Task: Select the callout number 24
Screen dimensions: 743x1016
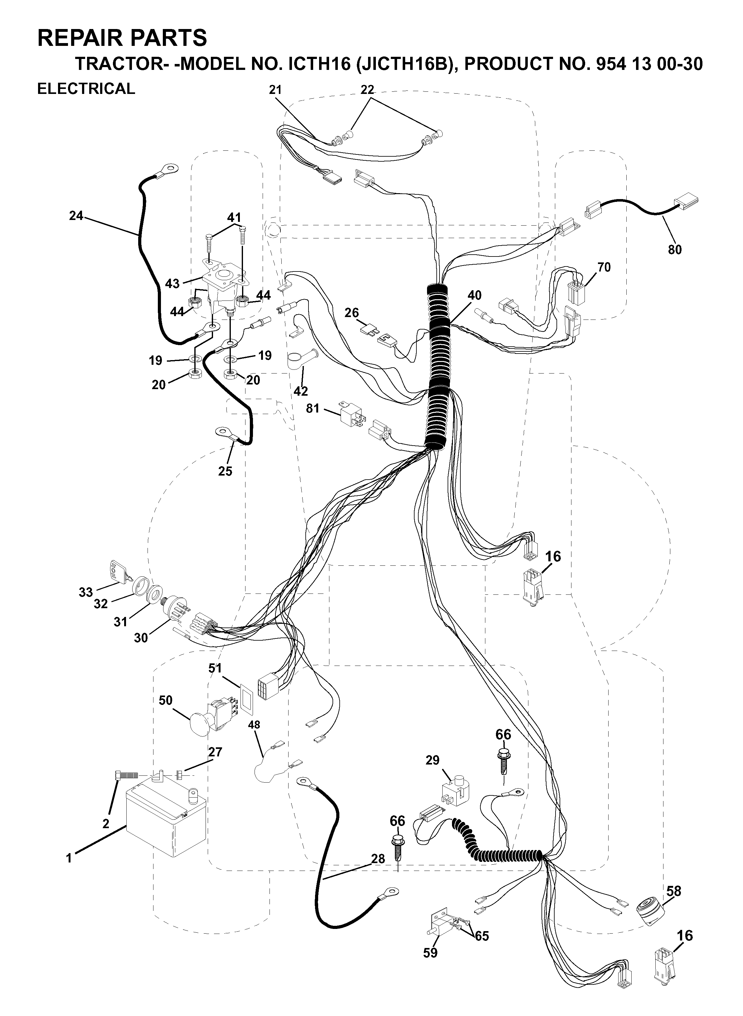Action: coord(76,216)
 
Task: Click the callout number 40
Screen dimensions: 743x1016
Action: coord(474,295)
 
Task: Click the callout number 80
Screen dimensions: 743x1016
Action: coord(675,249)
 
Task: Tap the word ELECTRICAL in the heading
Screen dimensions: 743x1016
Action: coord(86,89)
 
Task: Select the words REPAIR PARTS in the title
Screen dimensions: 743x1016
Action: coord(122,38)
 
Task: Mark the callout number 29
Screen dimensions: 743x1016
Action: coord(432,760)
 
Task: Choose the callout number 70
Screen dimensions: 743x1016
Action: coord(604,267)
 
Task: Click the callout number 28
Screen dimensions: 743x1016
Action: coord(378,859)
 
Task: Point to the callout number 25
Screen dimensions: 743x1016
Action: coord(225,471)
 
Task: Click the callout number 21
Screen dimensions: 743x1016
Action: coord(275,90)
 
